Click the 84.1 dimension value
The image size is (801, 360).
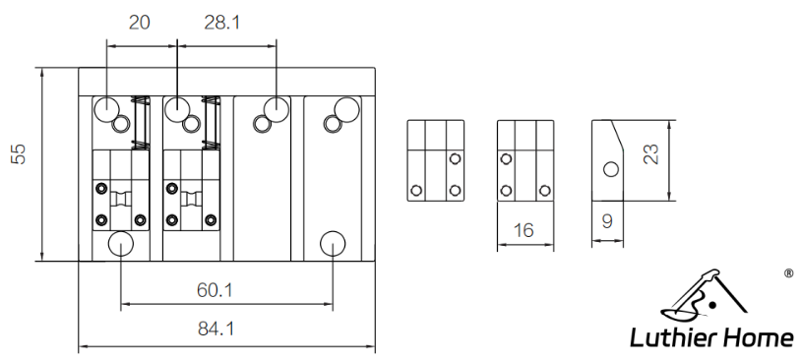(216, 329)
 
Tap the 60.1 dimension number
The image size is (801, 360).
(216, 290)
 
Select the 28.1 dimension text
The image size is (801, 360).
(222, 23)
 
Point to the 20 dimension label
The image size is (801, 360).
(140, 23)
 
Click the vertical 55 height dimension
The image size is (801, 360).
(19, 153)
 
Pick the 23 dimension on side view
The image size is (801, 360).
(650, 153)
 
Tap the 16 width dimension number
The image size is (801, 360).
(524, 230)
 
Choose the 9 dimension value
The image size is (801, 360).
(607, 221)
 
